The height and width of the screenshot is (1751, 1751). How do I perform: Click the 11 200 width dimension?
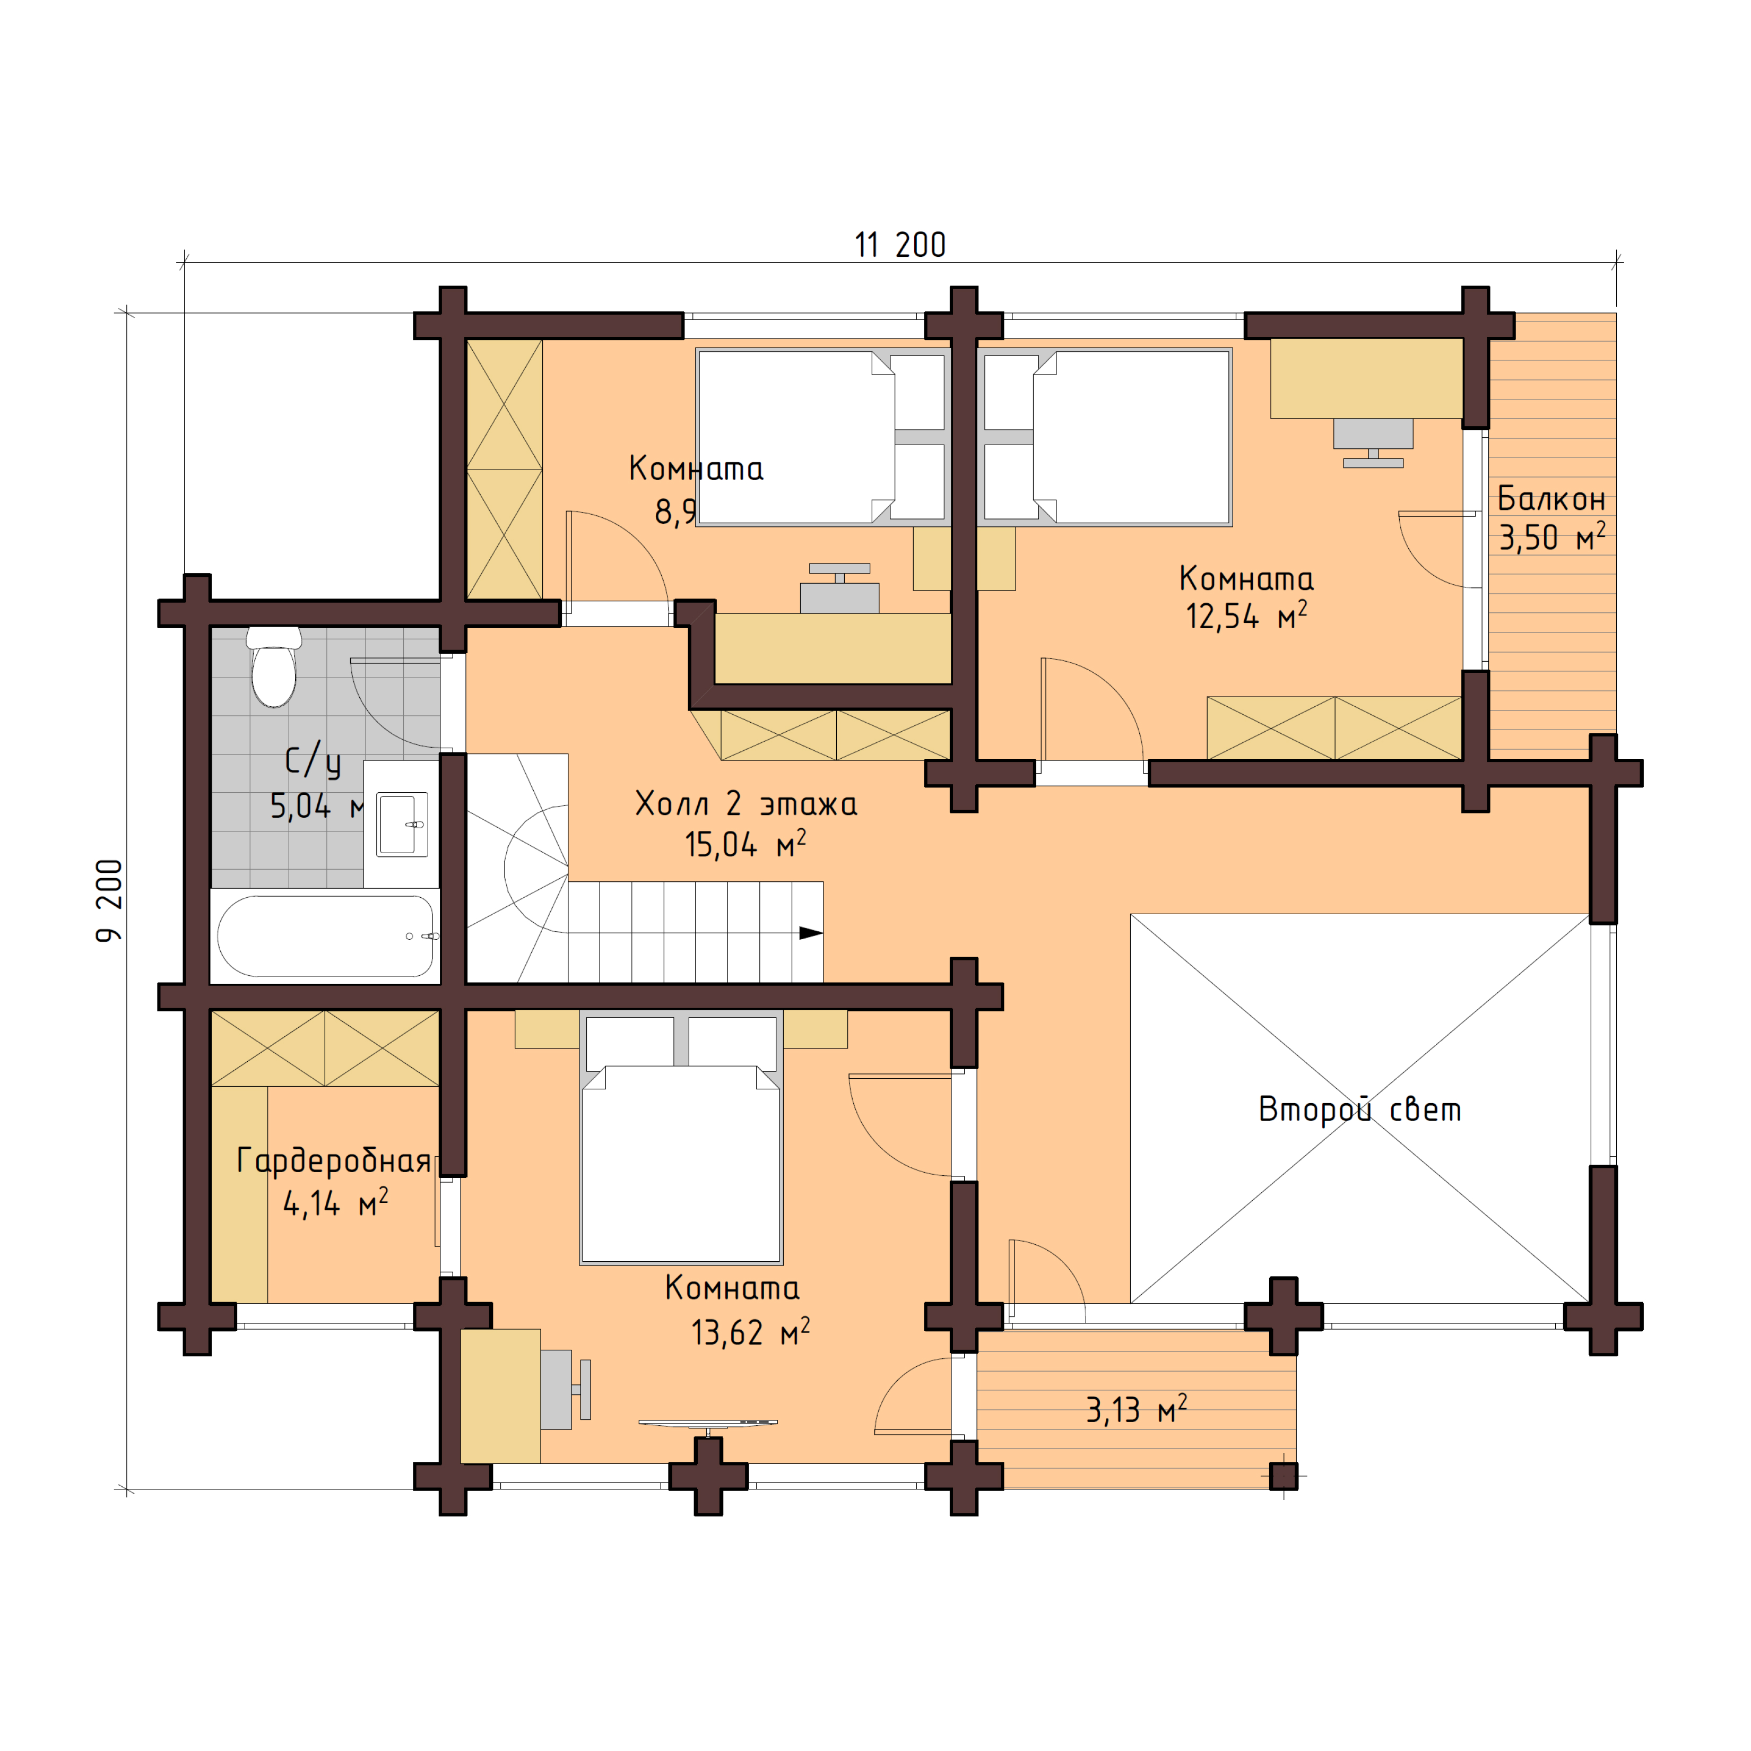pos(900,245)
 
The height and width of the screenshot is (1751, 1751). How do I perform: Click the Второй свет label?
pos(1359,1109)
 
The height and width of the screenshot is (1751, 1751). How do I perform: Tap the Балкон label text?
pos(1551,498)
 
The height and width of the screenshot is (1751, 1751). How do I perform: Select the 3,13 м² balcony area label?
pos(1135,1410)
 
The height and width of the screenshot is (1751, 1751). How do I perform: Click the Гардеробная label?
pos(334,1161)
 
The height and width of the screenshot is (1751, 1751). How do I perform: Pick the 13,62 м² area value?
pos(750,1332)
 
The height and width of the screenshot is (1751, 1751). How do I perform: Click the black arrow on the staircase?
pos(809,933)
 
